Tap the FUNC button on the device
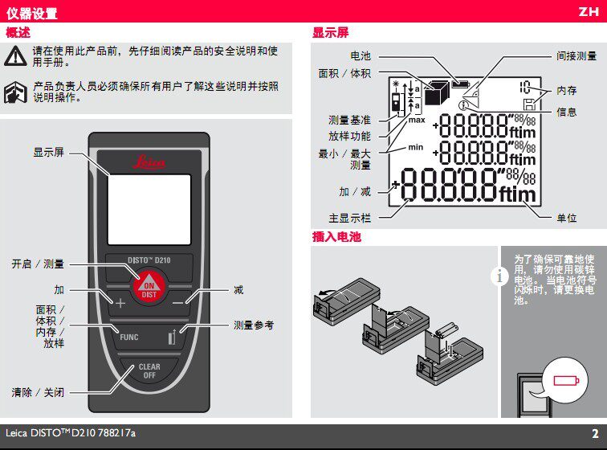(x=129, y=337)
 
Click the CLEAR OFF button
(x=149, y=371)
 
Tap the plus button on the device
(x=120, y=303)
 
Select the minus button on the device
(x=177, y=303)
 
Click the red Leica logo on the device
(x=149, y=162)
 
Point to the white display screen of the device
(x=149, y=210)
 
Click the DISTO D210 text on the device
(x=149, y=260)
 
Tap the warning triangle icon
(x=15, y=56)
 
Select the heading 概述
(x=18, y=33)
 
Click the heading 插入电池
(x=336, y=236)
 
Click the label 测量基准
(x=349, y=121)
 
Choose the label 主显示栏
(x=349, y=219)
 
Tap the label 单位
(x=567, y=219)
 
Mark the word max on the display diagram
(x=417, y=121)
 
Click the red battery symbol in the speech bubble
(x=566, y=381)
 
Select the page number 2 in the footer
(x=595, y=433)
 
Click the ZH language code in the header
(x=589, y=11)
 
